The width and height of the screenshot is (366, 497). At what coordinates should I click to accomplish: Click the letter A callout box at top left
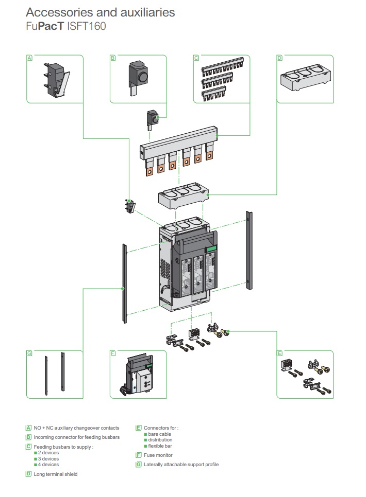[x=29, y=58]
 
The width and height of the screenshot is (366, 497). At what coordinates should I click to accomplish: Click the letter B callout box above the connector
[x=113, y=58]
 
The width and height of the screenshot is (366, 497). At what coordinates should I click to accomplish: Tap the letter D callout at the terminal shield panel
[x=280, y=58]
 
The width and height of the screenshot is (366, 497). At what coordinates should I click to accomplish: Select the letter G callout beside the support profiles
[x=29, y=353]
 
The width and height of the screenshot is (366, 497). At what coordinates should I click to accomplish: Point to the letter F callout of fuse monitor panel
[x=113, y=353]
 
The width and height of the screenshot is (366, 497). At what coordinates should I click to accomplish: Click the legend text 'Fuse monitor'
[x=158, y=455]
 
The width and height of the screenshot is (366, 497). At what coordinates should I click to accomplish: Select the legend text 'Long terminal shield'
[x=56, y=474]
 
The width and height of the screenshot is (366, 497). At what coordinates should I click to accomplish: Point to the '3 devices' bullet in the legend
[x=48, y=458]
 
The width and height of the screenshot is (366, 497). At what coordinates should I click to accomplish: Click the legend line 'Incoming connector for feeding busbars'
[x=76, y=437]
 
